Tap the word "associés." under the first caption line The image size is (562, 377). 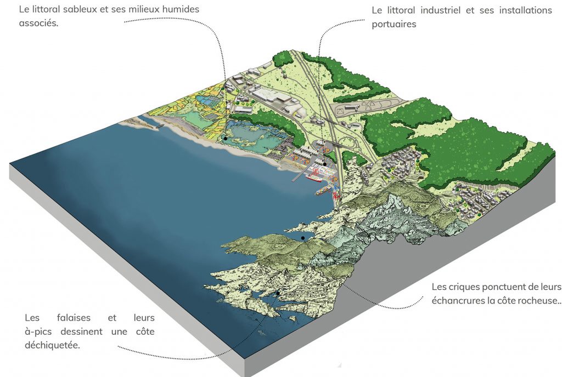coord(38,24)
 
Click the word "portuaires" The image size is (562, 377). coord(394,24)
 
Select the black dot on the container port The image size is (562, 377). coord(325,164)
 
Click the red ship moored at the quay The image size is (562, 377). coord(314,176)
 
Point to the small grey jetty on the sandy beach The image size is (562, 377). coord(159,126)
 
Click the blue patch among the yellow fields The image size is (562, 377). coord(207,101)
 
